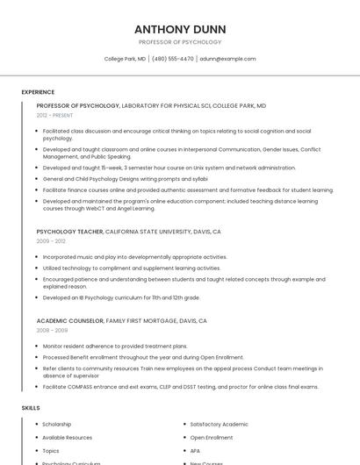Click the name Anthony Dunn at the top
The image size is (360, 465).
pos(179,27)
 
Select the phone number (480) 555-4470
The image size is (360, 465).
pos(173,59)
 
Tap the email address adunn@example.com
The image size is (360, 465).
pos(227,59)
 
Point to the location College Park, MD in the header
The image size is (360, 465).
pos(126,59)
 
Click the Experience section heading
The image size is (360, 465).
pos(38,92)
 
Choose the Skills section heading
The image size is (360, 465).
pos(31,408)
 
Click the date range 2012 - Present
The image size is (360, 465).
pos(55,115)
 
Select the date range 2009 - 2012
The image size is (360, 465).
pos(51,240)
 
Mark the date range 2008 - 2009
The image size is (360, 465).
pos(51,330)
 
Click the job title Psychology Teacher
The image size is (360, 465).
pos(69,232)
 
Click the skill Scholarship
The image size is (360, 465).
pos(58,425)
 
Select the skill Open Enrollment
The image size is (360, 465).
pos(212,437)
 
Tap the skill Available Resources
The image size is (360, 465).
pos(67,437)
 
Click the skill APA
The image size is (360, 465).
pos(196,450)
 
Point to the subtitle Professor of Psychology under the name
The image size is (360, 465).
pos(180,42)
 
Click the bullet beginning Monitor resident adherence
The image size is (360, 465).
pos(115,346)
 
